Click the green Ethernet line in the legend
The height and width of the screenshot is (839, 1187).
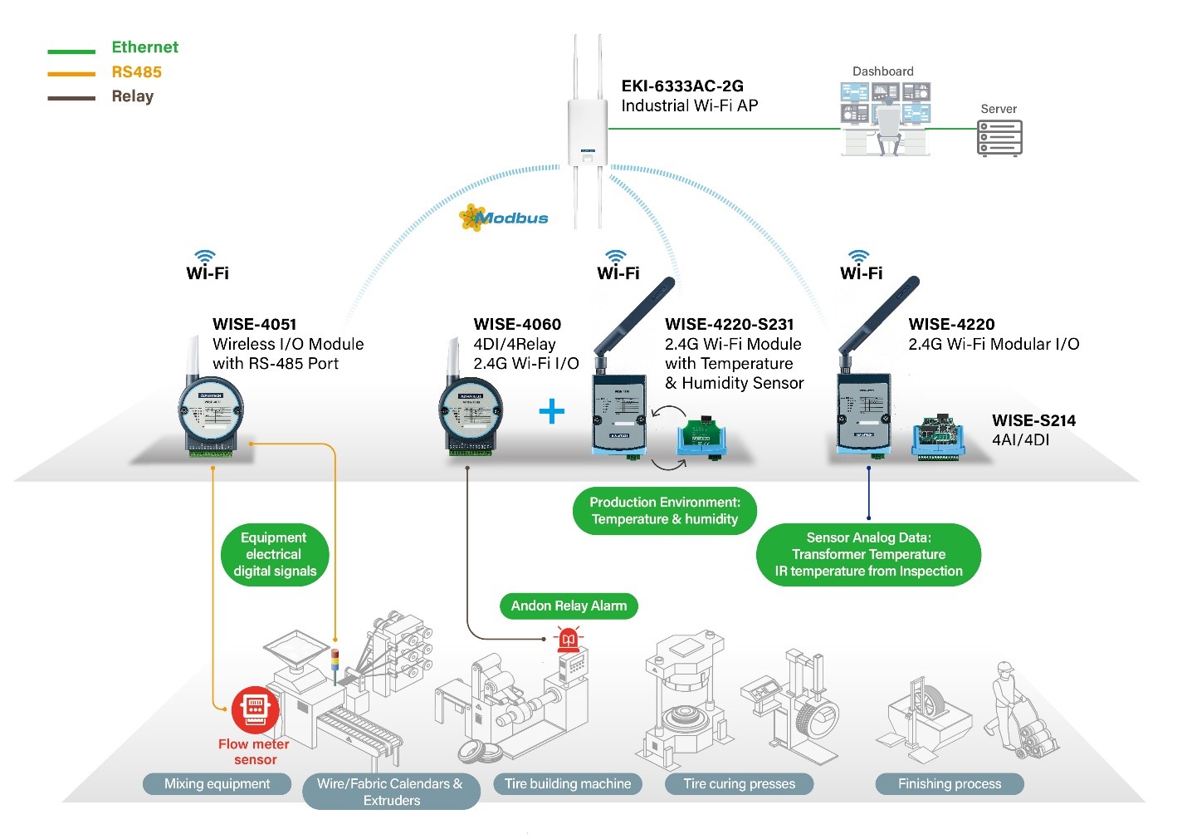(x=71, y=52)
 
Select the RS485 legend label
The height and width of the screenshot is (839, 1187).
(x=136, y=72)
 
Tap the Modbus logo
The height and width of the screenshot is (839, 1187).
(x=504, y=218)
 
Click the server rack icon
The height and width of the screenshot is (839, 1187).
(x=999, y=138)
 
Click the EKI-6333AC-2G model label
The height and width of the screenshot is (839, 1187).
(x=682, y=86)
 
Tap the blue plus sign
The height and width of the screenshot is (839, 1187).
(x=551, y=411)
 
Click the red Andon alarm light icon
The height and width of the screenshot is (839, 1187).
(x=569, y=639)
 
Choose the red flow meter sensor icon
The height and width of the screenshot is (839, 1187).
(x=255, y=709)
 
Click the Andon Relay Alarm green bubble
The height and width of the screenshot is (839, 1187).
(x=569, y=606)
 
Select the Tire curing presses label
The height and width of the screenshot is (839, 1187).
(x=739, y=783)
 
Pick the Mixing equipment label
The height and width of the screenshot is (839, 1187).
(x=217, y=783)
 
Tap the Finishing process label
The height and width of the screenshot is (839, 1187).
(x=950, y=783)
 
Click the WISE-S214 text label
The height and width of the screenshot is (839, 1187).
(x=1033, y=420)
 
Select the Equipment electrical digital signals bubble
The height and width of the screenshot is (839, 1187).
(x=275, y=554)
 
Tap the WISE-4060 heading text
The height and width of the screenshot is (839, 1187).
(x=517, y=324)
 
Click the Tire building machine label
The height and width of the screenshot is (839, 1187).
(x=568, y=783)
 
